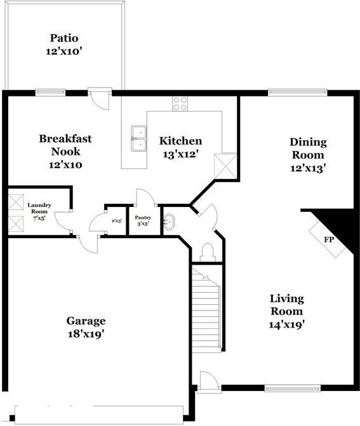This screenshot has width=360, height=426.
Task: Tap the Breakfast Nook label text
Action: pyautogui.click(x=66, y=151)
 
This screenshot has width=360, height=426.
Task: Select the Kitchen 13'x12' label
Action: pyautogui.click(x=180, y=147)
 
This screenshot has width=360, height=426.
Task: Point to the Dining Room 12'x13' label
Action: pyautogui.click(x=308, y=155)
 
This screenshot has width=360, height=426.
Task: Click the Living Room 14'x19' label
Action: pyautogui.click(x=286, y=311)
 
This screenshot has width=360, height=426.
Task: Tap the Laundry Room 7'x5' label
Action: pyautogui.click(x=39, y=211)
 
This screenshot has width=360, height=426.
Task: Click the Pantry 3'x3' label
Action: pyautogui.click(x=143, y=220)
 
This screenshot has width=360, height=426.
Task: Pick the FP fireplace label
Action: pyautogui.click(x=329, y=240)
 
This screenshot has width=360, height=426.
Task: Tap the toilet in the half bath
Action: pyautogui.click(x=206, y=252)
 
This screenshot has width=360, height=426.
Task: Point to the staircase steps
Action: pyautogui.click(x=206, y=311)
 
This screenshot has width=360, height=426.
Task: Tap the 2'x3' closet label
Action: pyautogui.click(x=116, y=220)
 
